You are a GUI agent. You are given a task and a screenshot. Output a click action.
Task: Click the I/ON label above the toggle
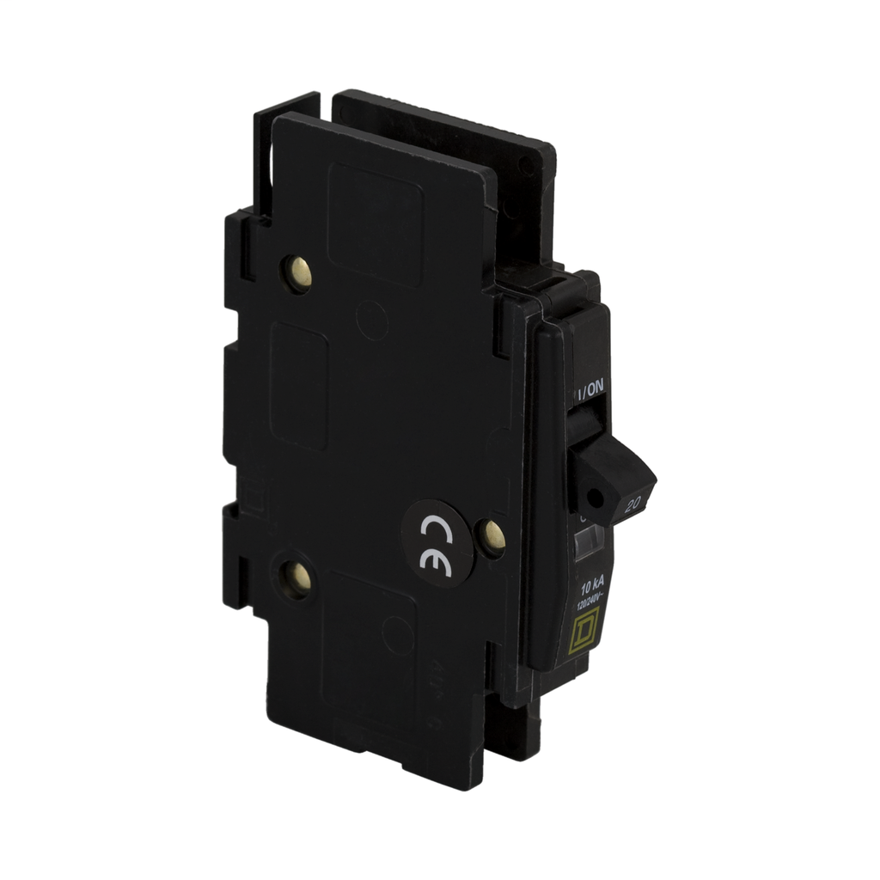coord(592,389)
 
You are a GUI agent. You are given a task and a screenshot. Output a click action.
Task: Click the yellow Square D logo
coord(587,633)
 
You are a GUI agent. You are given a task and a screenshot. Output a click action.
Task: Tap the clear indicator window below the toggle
coord(589,541)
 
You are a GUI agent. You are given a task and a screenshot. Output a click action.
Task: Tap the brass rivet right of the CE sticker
coord(492,537)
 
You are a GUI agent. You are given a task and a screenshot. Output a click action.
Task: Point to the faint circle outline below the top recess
coord(371,320)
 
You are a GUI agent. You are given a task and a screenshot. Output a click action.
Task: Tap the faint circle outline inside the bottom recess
coord(397,636)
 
